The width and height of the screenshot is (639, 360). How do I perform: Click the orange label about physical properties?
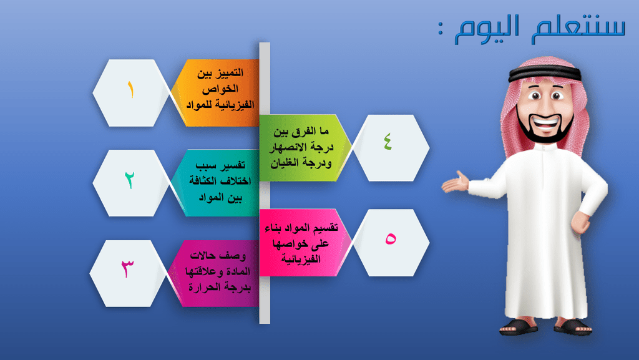(x=216, y=92)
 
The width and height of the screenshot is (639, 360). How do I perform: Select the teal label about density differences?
(x=216, y=182)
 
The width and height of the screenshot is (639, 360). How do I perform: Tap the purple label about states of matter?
(x=215, y=273)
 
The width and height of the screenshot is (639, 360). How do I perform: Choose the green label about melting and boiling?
(x=305, y=147)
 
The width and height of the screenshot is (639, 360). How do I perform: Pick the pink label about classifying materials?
(x=305, y=243)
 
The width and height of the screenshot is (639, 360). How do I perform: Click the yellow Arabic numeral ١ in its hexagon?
(x=130, y=90)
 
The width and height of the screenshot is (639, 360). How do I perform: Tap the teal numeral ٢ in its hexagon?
(x=130, y=180)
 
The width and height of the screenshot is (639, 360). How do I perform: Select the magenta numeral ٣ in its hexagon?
(x=127, y=269)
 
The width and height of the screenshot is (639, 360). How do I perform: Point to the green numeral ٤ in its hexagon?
(x=388, y=141)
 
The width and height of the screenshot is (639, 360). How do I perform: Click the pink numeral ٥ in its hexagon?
(x=391, y=238)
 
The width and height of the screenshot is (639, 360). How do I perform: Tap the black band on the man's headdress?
(x=544, y=73)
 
